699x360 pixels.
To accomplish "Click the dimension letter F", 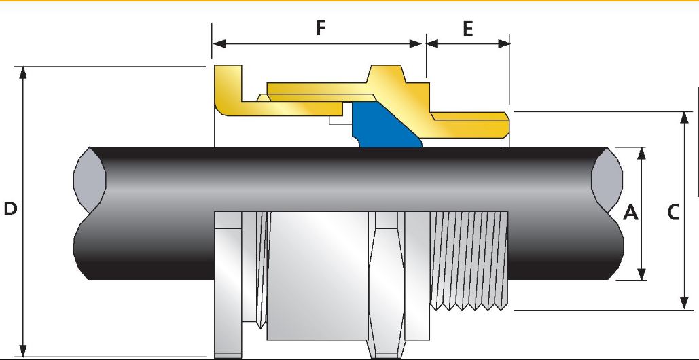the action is (321, 28).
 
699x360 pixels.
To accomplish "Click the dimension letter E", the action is (467, 29).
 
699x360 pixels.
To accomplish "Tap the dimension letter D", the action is (10, 209).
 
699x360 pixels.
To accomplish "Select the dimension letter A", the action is (630, 213).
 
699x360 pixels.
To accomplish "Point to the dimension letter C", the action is (674, 213).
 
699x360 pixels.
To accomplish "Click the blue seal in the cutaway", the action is (383, 126).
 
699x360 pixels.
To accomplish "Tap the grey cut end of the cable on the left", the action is (90, 178).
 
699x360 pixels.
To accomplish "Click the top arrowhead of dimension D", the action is (23, 73).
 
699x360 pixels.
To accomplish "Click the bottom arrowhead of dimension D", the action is (23, 350).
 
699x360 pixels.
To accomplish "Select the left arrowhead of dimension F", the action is (219, 43).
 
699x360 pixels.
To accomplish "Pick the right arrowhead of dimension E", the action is (503, 43).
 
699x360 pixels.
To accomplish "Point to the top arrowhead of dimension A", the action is (641, 154).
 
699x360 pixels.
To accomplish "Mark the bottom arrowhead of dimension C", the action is (684, 303).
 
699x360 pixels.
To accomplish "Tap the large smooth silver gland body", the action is (318, 276).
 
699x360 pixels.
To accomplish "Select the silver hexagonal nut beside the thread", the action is (387, 284).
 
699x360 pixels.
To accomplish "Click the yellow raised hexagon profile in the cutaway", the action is (386, 75).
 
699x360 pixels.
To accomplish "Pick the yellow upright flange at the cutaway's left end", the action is (228, 89).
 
